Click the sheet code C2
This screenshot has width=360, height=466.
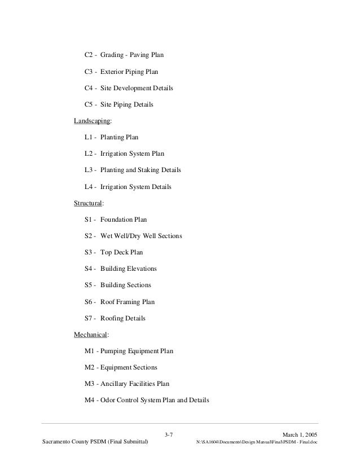[89, 56]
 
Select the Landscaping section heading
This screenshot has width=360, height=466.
[93, 121]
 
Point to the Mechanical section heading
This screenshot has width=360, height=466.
[91, 335]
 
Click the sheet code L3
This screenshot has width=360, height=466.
[89, 170]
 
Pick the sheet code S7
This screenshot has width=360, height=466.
[89, 318]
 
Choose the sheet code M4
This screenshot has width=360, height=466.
[90, 401]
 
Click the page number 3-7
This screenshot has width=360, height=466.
[168, 434]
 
